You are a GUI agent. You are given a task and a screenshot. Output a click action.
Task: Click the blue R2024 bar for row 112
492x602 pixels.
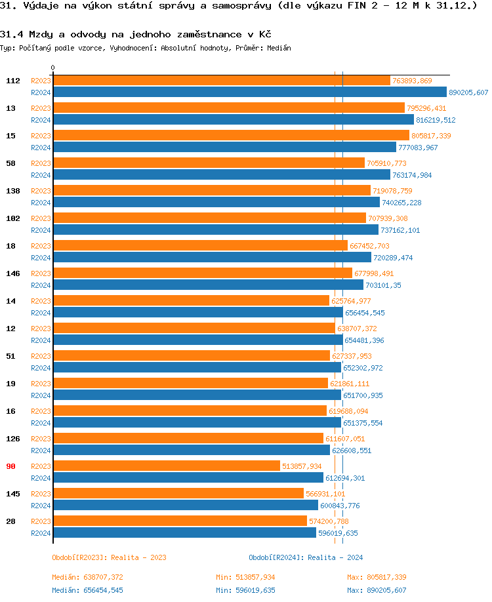249,92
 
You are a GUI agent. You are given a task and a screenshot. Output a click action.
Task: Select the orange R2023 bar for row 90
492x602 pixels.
167,466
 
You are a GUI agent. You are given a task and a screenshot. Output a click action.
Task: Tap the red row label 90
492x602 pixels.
11,466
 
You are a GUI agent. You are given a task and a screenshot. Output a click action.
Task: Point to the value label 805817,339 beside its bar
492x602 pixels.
431,136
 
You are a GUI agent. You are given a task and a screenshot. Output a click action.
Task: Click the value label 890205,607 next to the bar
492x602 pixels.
468,92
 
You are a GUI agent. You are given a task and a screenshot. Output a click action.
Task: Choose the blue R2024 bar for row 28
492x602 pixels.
184,533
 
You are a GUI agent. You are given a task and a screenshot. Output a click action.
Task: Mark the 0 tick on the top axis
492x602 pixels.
53,68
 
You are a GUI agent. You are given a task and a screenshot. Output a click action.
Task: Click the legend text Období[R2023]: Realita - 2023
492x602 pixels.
109,557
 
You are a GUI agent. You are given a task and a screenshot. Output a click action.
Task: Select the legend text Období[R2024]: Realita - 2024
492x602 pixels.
306,557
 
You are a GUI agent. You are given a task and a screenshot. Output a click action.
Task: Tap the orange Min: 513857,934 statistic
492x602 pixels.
246,577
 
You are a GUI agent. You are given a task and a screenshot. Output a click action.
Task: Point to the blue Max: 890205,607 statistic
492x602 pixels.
377,590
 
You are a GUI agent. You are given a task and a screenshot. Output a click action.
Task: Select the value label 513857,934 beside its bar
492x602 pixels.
302,466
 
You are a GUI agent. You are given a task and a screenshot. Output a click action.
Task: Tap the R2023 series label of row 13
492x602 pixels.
41,108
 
